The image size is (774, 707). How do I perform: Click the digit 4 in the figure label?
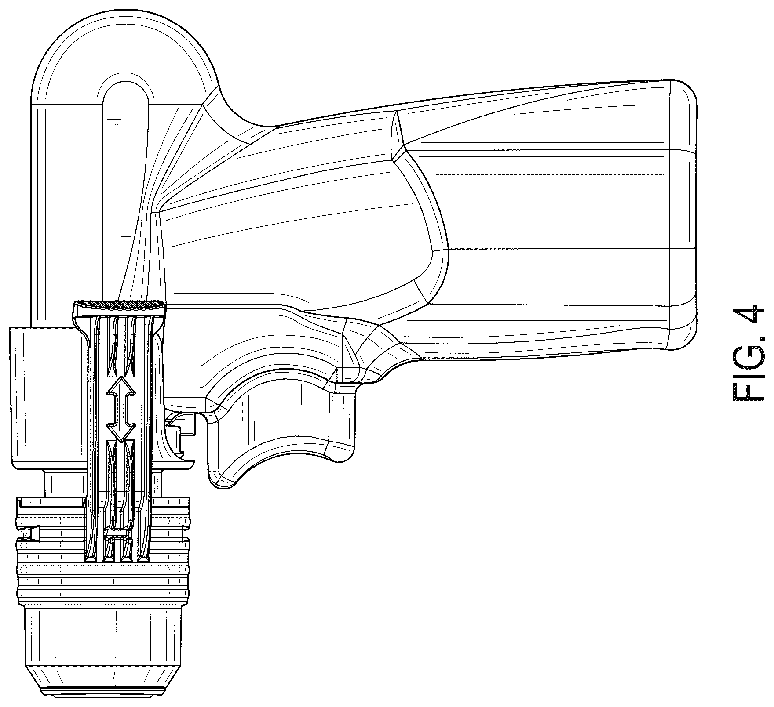tap(748, 319)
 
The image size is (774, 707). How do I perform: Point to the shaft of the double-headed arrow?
tap(118, 409)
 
